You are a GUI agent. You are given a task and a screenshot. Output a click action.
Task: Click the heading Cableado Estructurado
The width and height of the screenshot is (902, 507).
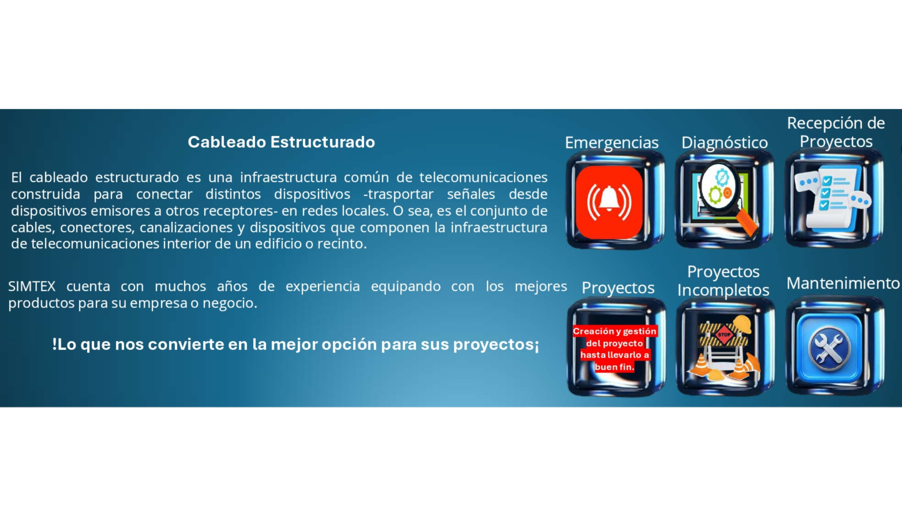tap(281, 142)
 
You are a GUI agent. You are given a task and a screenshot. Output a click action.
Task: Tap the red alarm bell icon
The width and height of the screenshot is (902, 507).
tap(609, 202)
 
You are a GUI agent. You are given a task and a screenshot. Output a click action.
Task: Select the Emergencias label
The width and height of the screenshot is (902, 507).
tap(612, 143)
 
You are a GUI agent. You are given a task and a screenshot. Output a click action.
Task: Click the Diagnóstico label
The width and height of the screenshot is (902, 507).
tap(724, 143)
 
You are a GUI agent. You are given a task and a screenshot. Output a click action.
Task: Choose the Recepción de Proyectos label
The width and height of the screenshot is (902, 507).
tap(836, 132)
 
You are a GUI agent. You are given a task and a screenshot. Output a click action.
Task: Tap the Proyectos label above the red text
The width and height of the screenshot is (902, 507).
tap(618, 288)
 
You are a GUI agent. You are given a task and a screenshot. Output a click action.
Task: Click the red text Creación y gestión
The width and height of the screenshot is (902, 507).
tap(614, 331)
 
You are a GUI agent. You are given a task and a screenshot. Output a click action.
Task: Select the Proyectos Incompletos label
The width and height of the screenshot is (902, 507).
tap(723, 281)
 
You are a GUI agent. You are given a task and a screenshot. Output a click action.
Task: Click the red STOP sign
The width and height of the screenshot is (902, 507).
tap(724, 335)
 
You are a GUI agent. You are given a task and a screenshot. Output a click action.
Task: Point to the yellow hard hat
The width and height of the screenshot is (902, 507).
tap(743, 324)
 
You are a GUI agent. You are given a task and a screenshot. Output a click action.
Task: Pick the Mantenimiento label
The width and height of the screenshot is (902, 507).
tap(843, 283)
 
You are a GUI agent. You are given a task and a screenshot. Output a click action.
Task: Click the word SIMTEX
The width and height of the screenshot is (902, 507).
tap(32, 286)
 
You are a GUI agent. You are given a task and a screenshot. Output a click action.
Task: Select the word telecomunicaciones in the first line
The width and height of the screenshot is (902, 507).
tap(483, 177)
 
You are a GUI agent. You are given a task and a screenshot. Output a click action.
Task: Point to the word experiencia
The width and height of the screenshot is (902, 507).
tap(323, 286)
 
